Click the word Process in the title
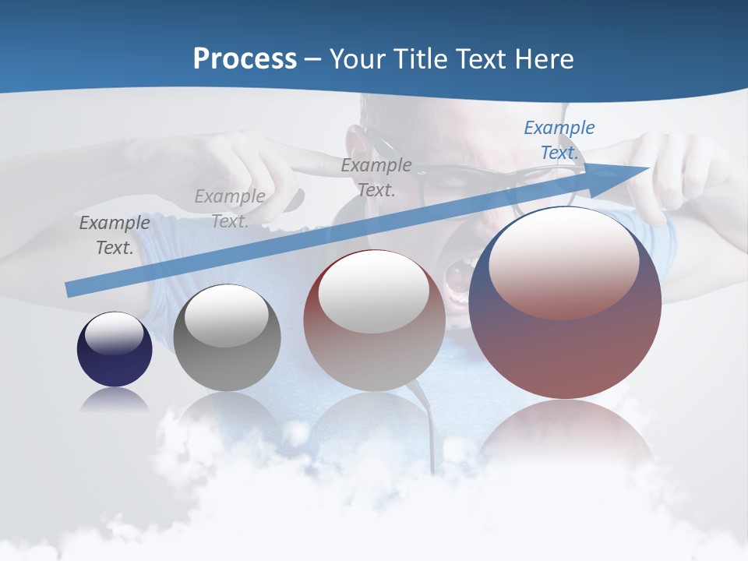245,58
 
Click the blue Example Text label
559,140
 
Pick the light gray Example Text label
230,208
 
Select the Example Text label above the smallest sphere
115,235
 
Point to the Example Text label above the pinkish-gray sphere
376,177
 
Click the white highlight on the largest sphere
563,263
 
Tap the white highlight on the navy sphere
114,333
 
